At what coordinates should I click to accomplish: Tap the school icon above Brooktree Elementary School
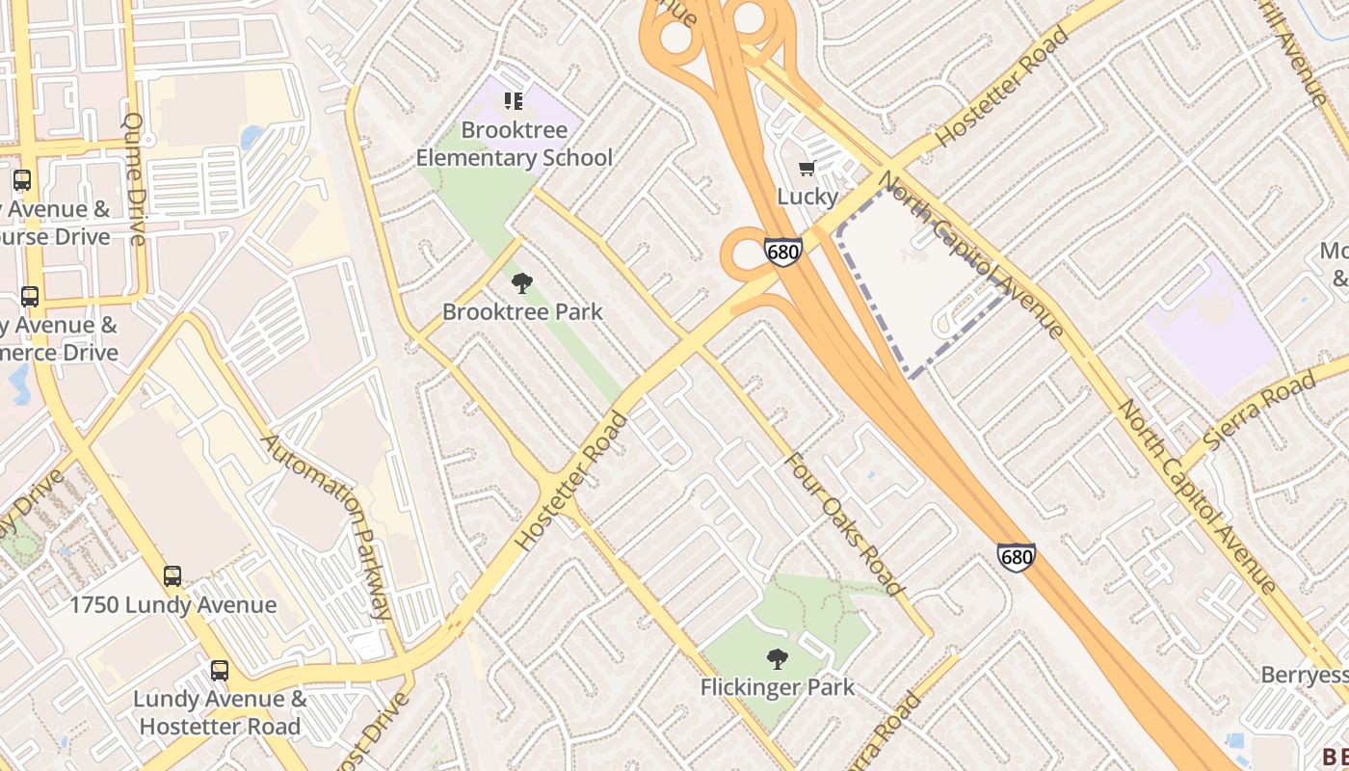[514, 101]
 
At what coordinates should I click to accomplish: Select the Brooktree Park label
[522, 311]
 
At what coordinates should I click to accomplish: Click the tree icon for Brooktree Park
[522, 283]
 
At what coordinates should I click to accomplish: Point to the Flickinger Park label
[777, 687]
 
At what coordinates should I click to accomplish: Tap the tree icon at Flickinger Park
[777, 659]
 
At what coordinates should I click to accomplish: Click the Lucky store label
[807, 197]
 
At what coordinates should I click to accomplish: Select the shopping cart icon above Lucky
[807, 169]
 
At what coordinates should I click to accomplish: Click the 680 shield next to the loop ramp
[782, 253]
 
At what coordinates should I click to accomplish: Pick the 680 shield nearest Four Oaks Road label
[1017, 557]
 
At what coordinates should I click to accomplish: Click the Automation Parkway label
[328, 526]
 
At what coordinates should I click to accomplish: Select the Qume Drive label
[134, 179]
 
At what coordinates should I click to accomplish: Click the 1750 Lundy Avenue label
[173, 605]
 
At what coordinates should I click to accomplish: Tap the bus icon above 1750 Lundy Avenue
[172, 576]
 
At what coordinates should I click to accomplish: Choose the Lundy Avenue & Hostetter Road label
[220, 712]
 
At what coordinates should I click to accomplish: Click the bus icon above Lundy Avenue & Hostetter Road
[220, 671]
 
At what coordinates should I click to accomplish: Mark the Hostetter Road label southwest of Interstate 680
[571, 481]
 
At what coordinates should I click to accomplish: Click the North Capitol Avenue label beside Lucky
[972, 255]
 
